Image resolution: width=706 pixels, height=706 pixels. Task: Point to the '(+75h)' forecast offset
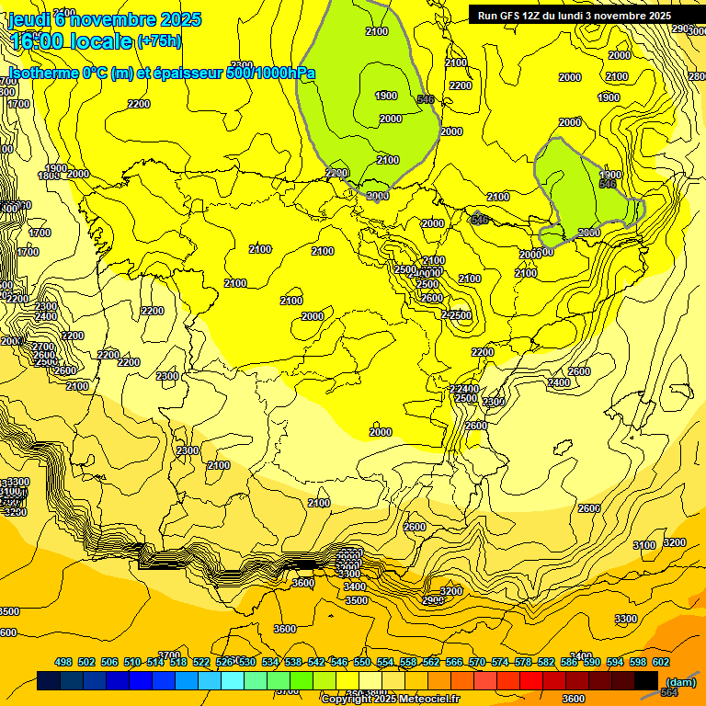tap(158, 41)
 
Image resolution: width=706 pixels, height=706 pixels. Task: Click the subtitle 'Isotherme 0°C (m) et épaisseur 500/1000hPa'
tap(162, 74)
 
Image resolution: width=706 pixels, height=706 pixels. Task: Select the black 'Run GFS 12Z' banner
tap(575, 15)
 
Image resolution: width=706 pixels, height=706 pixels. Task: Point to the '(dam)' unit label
tap(680, 682)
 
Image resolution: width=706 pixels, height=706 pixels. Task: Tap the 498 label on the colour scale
tap(63, 662)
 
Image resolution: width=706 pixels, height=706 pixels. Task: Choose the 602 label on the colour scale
tap(661, 662)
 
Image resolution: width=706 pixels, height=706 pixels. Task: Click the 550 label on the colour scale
tap(362, 662)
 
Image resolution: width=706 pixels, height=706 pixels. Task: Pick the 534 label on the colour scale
tap(270, 662)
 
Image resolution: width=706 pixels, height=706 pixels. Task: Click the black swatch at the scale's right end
tap(646, 681)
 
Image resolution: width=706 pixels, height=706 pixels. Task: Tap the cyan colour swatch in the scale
tap(233, 681)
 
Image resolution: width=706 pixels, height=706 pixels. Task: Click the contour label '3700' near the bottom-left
tap(169, 655)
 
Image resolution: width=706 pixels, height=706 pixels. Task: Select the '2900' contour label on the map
tap(433, 600)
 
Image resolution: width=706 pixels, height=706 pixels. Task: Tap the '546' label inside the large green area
tap(426, 99)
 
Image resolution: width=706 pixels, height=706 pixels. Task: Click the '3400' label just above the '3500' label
tap(354, 586)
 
